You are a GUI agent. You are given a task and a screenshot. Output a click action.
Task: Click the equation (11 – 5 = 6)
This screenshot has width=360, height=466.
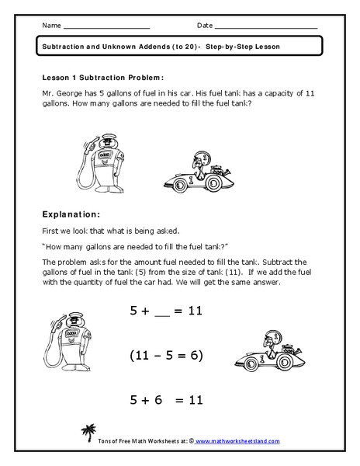coord(165,356)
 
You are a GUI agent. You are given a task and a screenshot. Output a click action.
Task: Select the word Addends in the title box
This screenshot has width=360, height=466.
coord(158,47)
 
